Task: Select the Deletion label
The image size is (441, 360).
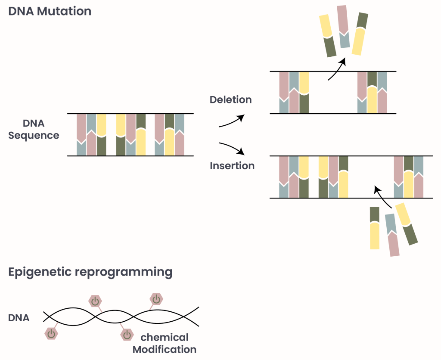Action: coord(230,100)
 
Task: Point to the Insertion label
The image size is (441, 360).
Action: coord(232,166)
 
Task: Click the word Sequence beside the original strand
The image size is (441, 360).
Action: coord(34,136)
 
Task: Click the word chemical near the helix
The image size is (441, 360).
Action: coord(165,337)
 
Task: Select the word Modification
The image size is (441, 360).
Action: coord(165,349)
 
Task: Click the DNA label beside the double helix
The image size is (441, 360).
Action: coord(19,318)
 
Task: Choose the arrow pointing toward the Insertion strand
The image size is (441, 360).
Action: coord(233,148)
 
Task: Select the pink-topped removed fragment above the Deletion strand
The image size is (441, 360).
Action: coord(343,26)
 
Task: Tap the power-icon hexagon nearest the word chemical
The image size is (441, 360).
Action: coord(127,334)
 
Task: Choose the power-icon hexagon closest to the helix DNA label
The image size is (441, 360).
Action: coord(51,333)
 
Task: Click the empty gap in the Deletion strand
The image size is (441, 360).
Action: coord(332,93)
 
